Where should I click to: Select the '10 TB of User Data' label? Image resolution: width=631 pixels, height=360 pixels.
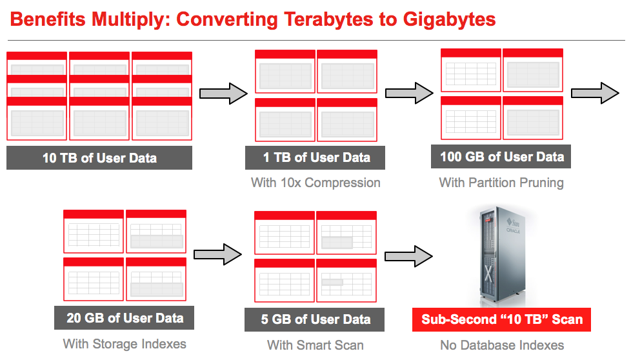click(99, 157)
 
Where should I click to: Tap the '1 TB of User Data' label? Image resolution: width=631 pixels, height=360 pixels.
click(315, 157)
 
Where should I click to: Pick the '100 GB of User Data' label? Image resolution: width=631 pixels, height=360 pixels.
click(501, 157)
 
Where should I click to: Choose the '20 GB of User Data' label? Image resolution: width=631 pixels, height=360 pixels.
click(125, 318)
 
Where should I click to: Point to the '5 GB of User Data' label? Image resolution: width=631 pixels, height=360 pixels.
click(315, 319)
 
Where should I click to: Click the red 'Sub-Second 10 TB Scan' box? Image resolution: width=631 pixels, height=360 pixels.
click(502, 319)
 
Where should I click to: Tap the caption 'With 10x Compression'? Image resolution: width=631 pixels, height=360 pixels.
click(315, 183)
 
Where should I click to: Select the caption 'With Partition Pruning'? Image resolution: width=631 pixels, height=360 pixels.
click(501, 183)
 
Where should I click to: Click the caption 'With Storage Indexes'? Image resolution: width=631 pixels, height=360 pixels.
click(125, 344)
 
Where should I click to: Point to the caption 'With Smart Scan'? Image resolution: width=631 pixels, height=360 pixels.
click(315, 345)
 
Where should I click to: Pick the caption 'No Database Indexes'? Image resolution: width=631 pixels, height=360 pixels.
click(502, 345)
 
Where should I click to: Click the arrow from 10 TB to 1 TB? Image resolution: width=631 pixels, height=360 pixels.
click(224, 94)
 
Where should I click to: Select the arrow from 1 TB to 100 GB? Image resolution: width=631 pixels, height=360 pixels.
click(409, 94)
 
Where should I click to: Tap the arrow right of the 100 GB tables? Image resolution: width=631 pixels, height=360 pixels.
click(595, 94)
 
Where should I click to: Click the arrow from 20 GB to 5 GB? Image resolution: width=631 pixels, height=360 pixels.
click(217, 254)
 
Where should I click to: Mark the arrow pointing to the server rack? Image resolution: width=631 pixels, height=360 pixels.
click(409, 256)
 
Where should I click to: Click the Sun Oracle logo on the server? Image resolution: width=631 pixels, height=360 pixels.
click(513, 226)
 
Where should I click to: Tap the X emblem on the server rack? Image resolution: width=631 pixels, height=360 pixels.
click(488, 274)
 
